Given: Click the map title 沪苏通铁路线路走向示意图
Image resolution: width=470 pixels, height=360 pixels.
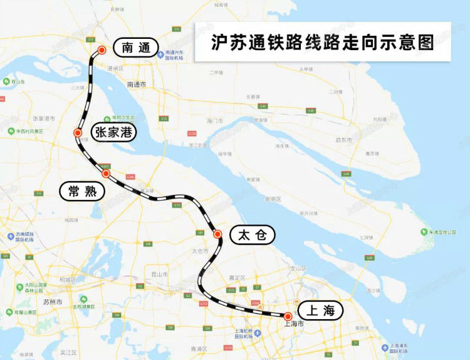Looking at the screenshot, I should [x=323, y=42].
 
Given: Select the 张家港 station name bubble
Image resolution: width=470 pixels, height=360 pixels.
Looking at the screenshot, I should [x=113, y=132].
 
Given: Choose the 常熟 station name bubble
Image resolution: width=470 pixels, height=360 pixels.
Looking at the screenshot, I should [x=82, y=191].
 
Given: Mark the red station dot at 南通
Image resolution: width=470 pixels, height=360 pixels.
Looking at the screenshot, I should [x=102, y=50].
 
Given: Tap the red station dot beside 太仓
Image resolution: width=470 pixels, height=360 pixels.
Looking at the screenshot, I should [x=217, y=235].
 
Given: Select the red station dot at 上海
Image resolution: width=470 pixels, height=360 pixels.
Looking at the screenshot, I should [x=288, y=316].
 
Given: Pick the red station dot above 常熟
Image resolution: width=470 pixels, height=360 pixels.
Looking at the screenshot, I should [x=106, y=173].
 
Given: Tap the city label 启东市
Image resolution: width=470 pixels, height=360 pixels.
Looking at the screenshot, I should [x=343, y=140].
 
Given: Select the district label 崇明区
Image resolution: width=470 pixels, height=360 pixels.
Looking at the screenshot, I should [x=273, y=199].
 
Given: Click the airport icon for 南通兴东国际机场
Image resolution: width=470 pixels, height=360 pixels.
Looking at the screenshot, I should [x=161, y=53].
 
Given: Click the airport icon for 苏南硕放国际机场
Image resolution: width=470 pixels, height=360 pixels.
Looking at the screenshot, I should [x=11, y=237].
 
